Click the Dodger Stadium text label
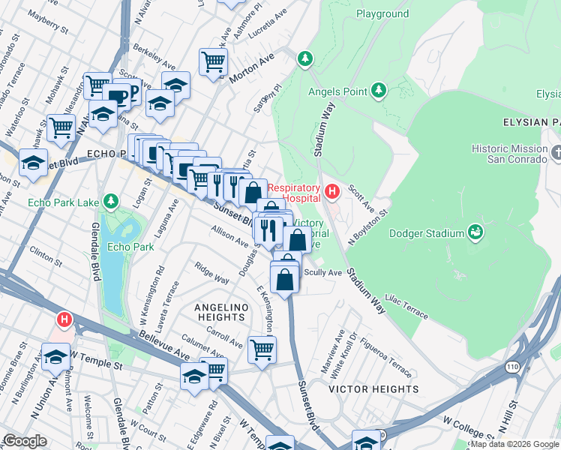coord(427,234)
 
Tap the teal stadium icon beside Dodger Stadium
coord(475,234)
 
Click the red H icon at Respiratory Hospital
coord(331,193)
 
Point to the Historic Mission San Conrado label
coord(510,154)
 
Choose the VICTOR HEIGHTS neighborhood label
coord(373,389)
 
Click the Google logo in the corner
coord(25,441)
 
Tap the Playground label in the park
coord(382,14)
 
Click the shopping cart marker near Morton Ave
coord(214,61)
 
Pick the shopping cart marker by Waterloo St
coord(61,127)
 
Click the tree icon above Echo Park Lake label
coord(111,201)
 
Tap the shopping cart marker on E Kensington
coord(262,348)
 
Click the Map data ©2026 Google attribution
coord(514,444)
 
